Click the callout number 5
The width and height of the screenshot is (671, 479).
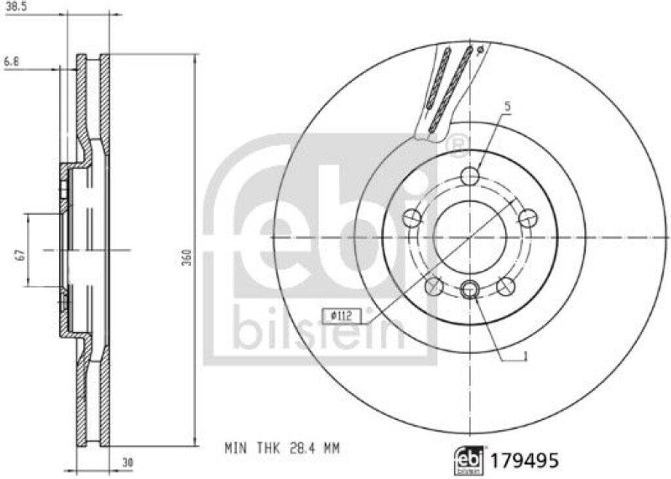pyautogui.click(x=507, y=105)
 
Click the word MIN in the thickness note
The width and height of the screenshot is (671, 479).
pyautogui.click(x=234, y=448)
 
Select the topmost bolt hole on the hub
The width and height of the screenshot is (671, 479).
pyautogui.click(x=470, y=175)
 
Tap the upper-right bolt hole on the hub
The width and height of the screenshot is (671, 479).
pyautogui.click(x=527, y=217)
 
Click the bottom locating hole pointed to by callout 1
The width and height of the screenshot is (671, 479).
pyautogui.click(x=470, y=290)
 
